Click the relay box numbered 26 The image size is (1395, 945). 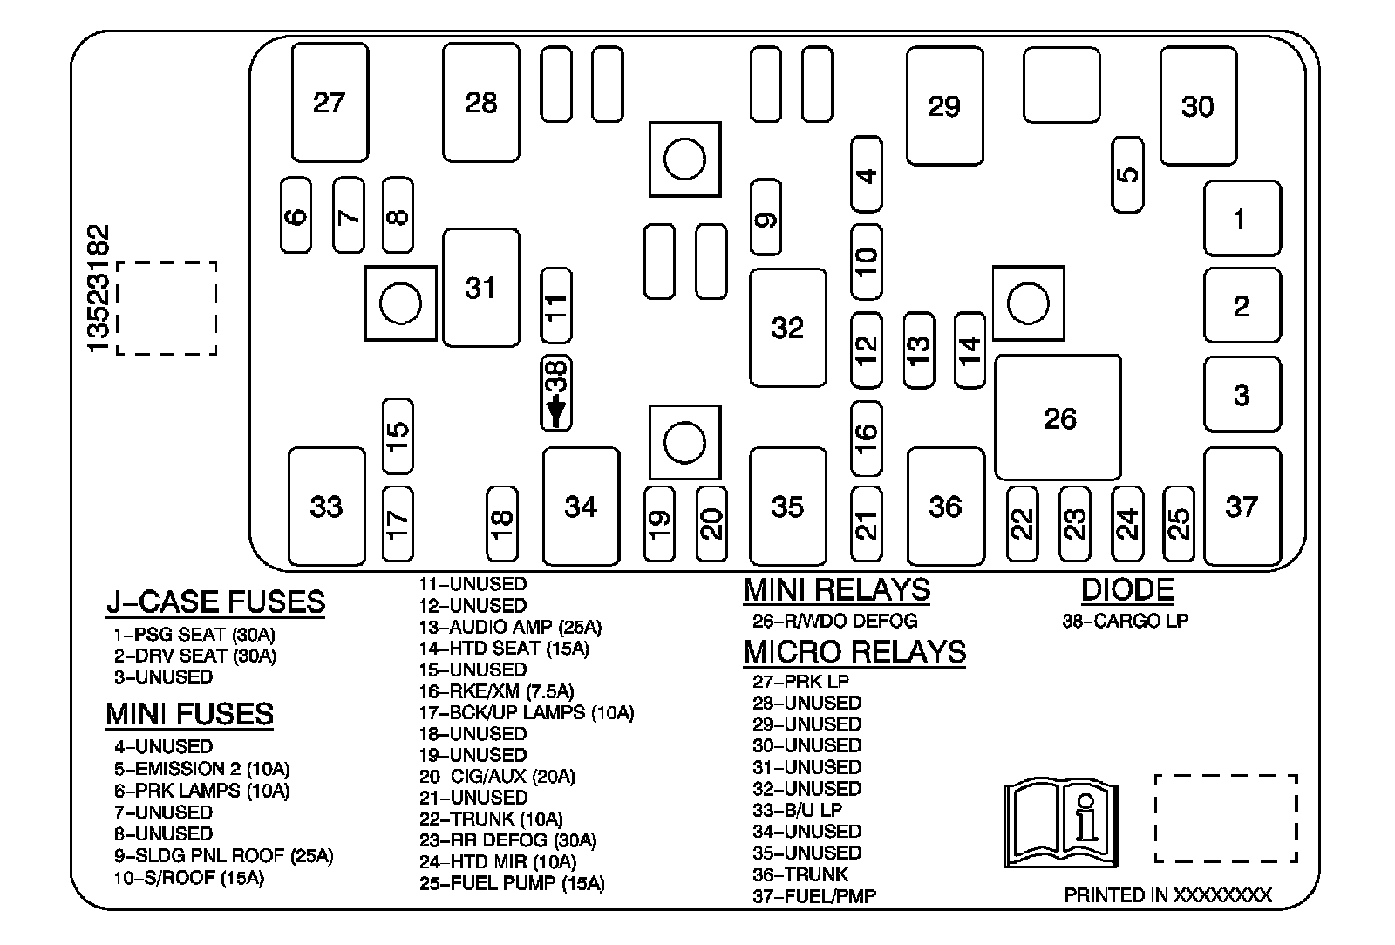1058,418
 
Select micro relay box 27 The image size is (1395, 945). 330,103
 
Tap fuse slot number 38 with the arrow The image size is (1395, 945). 556,393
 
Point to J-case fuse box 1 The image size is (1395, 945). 1242,219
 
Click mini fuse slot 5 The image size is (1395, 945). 1127,173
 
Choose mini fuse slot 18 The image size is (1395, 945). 501,523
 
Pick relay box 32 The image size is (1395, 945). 787,328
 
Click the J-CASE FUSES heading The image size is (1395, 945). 215,602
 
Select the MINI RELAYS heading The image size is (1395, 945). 836,590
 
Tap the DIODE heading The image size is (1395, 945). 1126,590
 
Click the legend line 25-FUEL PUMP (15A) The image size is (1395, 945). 512,883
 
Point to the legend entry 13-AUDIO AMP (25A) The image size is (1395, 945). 510,627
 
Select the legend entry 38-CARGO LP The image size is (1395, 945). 1125,621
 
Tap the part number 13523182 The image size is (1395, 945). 99,289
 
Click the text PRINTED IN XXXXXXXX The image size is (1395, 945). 1167,895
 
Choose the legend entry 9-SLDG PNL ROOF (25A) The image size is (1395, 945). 223,856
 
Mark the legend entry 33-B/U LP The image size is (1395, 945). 797,810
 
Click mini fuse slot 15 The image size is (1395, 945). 398,436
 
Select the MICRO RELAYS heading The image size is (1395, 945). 854,652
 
